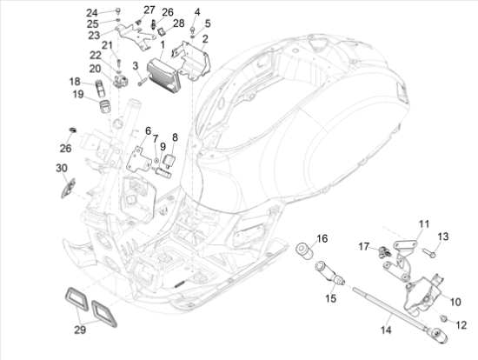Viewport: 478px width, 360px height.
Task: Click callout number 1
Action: click(162, 44)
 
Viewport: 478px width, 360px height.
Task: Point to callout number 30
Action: click(62, 168)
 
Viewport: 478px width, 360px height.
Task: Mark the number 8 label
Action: click(174, 137)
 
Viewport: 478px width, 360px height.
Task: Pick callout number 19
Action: click(76, 94)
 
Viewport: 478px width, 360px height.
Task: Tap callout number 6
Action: click(148, 130)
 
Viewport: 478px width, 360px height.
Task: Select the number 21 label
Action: click(108, 45)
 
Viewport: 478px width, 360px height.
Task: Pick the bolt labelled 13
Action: click(430, 253)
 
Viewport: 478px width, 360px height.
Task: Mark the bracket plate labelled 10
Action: click(422, 292)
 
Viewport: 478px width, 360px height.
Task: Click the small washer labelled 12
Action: click(442, 323)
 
